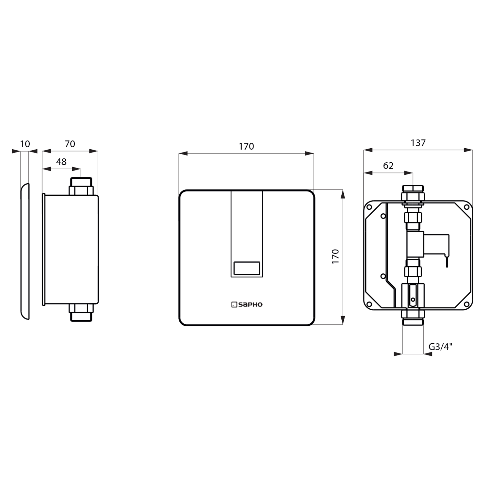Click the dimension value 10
tap(25, 144)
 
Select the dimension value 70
tap(70, 144)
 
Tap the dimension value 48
tap(61, 162)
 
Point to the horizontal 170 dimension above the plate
tap(246, 147)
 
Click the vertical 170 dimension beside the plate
tap(335, 256)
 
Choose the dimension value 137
tap(418, 143)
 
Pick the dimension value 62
tap(388, 166)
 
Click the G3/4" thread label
tap(440, 347)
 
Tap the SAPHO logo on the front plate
tap(247, 305)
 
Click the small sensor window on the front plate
tap(247, 268)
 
